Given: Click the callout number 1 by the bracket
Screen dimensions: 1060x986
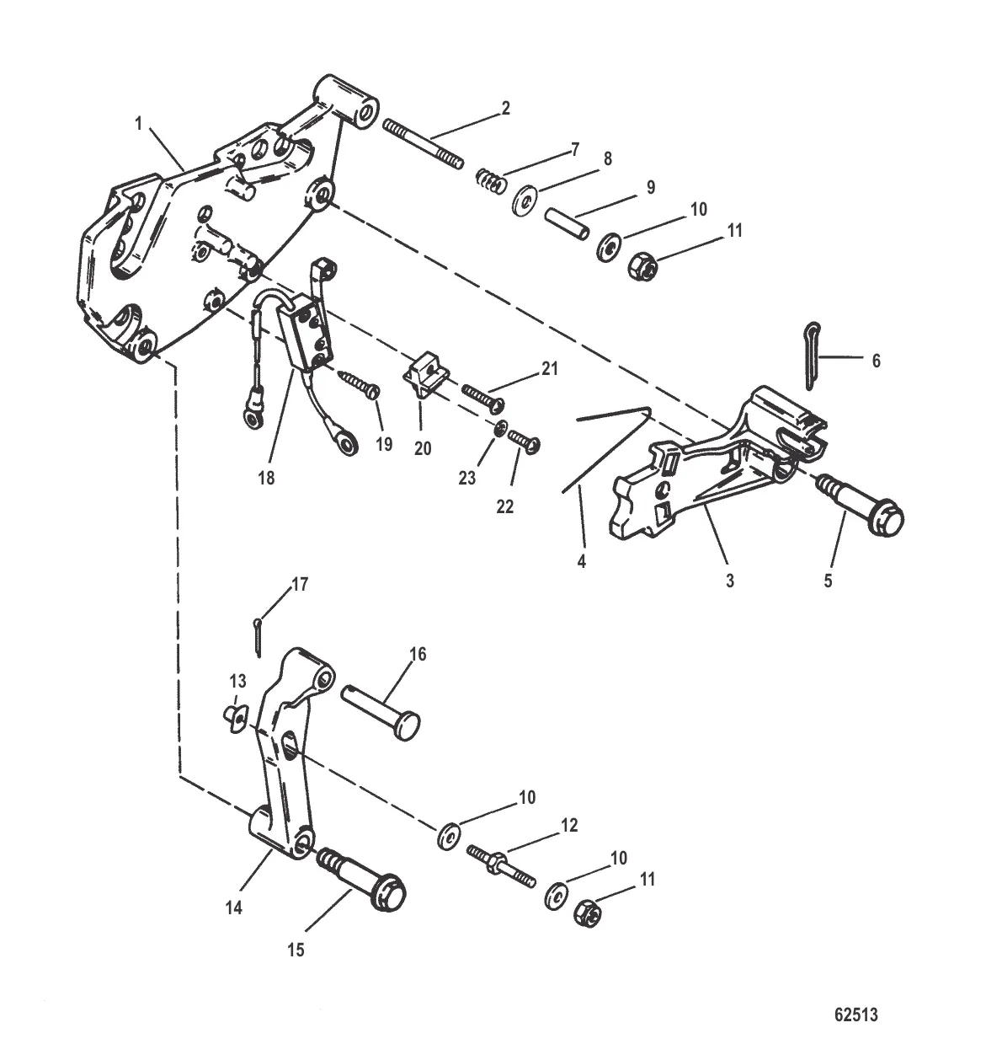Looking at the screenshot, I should [138, 124].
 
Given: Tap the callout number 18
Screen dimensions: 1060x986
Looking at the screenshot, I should [268, 479].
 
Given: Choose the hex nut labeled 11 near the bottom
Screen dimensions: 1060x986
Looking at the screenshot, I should [586, 913].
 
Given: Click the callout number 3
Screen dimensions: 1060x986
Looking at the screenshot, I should [730, 581].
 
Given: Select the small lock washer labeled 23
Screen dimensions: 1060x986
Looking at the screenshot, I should [500, 430].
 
